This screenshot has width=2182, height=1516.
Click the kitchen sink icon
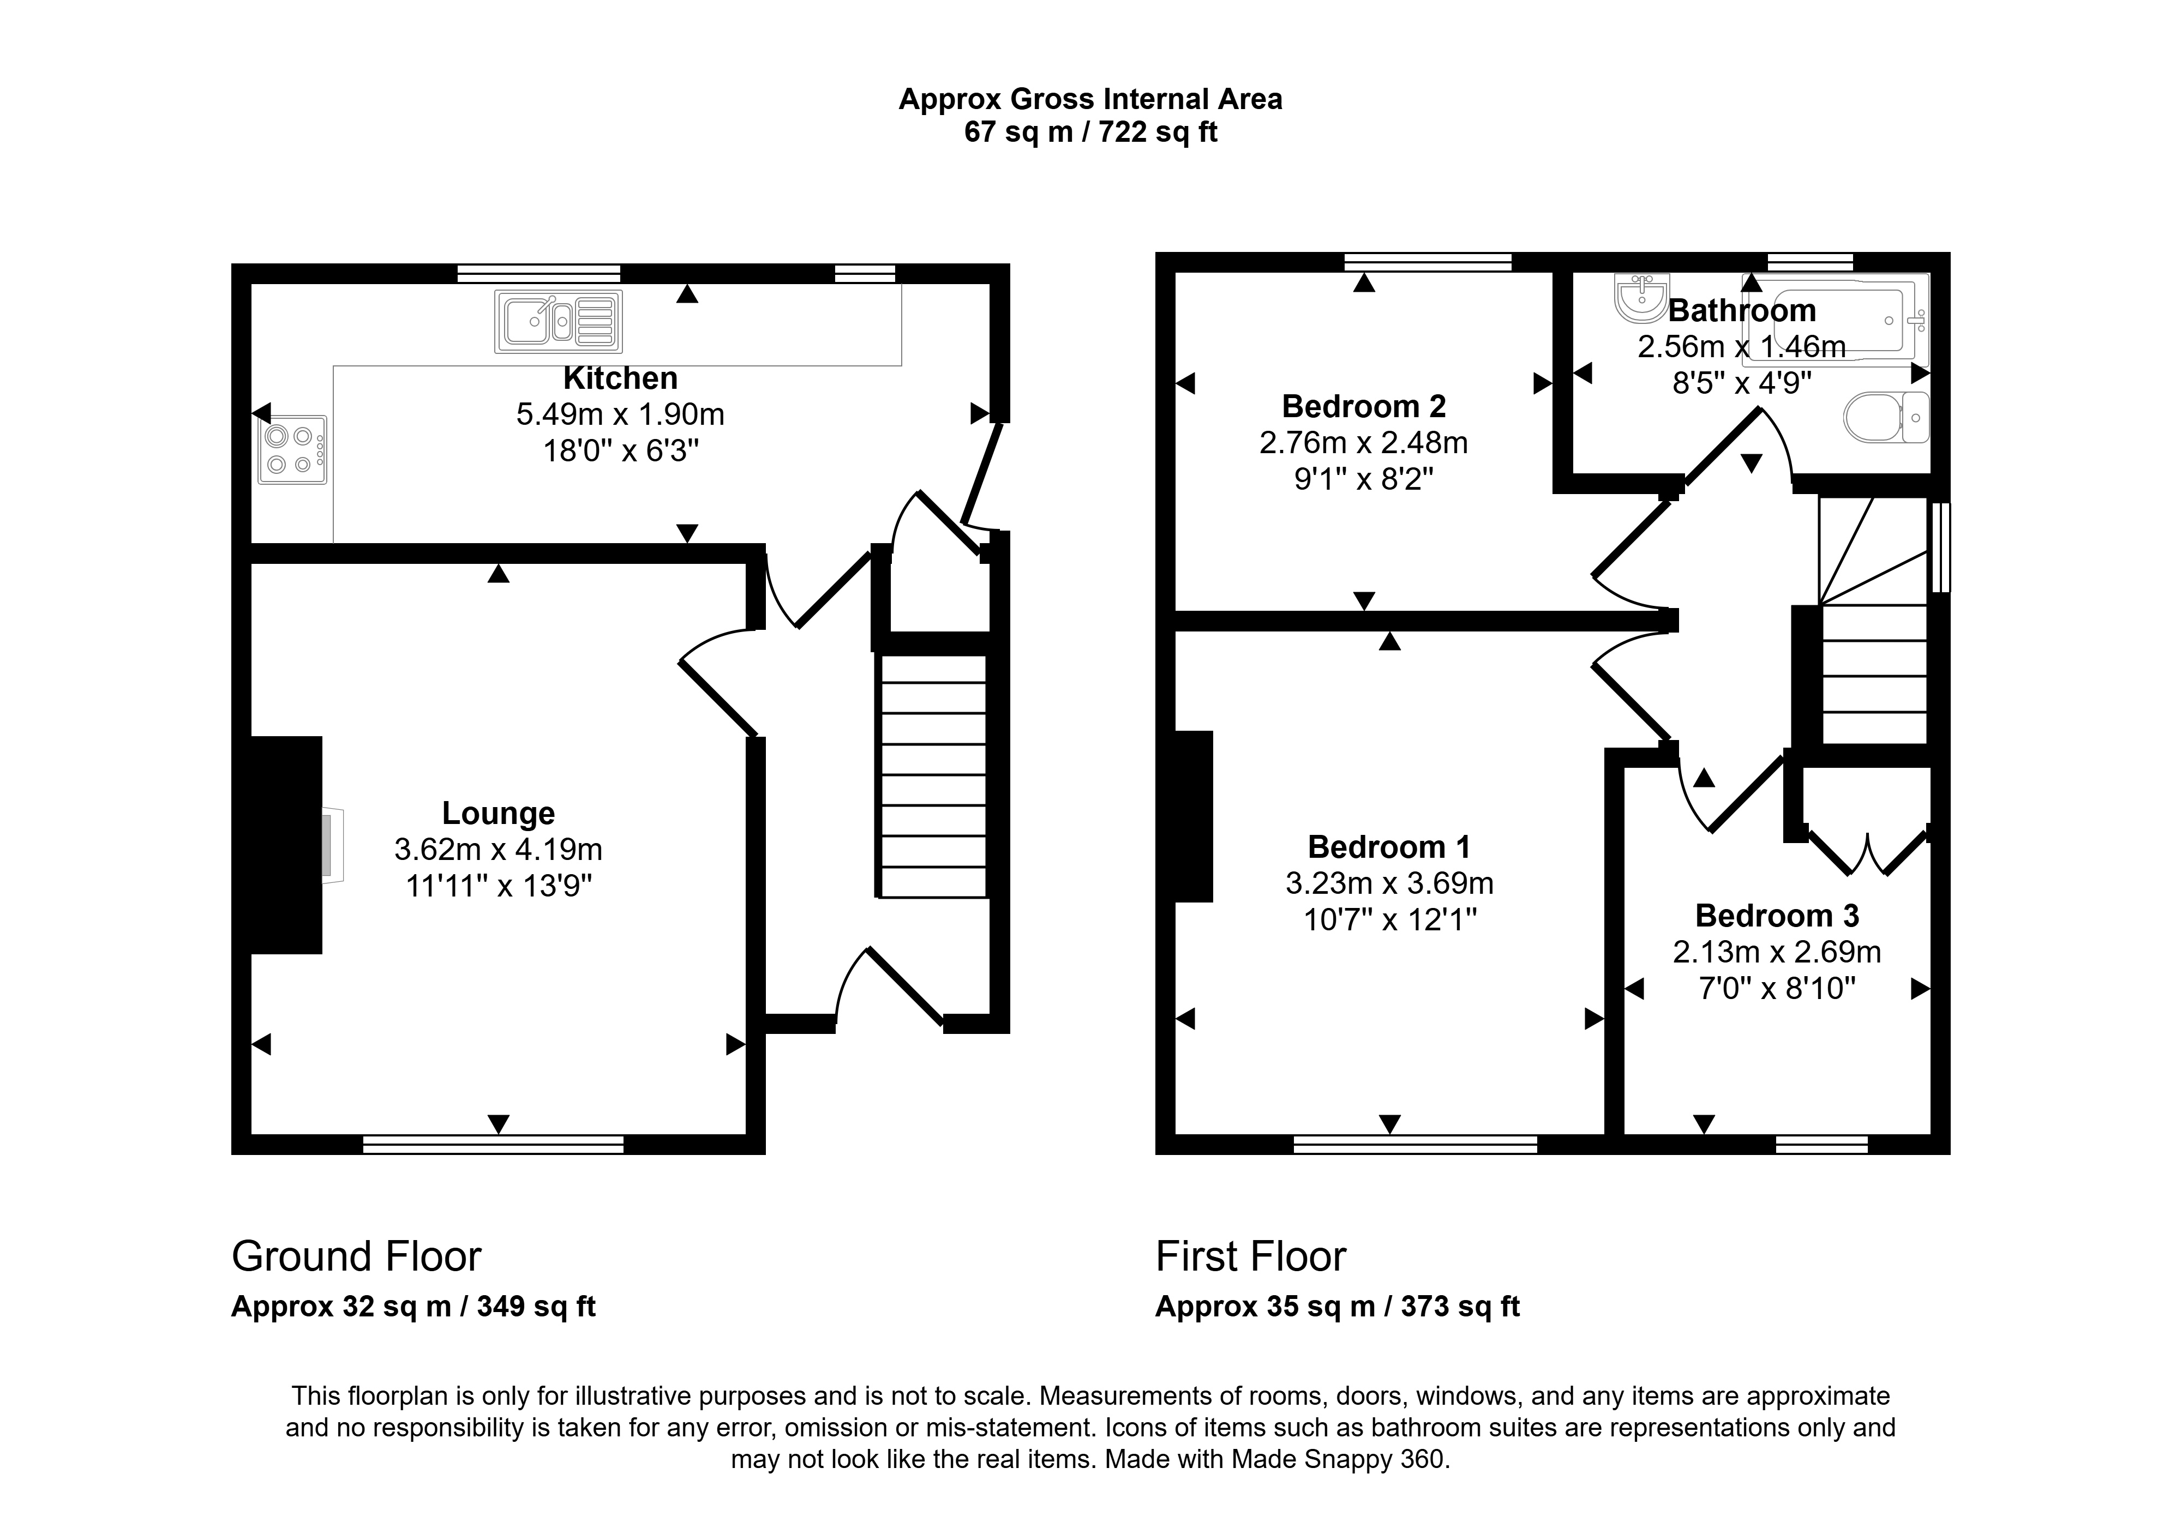[558, 321]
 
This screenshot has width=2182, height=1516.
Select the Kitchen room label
[620, 378]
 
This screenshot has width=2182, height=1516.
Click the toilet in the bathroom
[1886, 417]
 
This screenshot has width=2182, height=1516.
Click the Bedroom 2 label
[1363, 407]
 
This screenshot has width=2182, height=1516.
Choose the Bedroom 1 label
[1389, 846]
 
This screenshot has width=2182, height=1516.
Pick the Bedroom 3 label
[1776, 916]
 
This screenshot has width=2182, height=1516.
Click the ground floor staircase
[933, 775]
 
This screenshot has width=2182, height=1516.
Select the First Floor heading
[1250, 1256]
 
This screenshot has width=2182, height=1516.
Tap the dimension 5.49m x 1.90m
[620, 414]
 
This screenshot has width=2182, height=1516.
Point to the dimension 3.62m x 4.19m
[497, 849]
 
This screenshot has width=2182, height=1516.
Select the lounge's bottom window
[493, 1145]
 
